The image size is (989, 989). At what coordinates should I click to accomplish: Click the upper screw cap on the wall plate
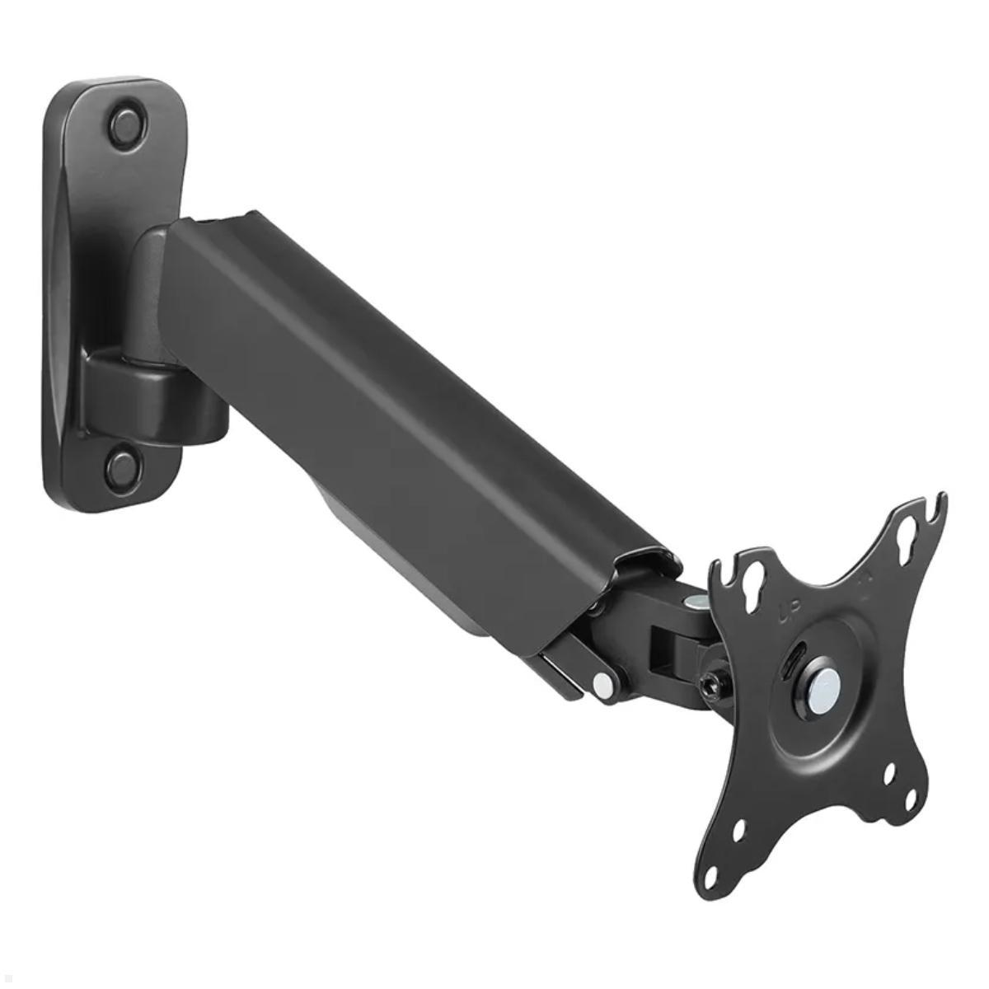pos(126,124)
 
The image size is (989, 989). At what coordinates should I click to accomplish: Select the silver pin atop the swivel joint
pos(700,604)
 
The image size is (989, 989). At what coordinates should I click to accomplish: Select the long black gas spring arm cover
pos(412,412)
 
